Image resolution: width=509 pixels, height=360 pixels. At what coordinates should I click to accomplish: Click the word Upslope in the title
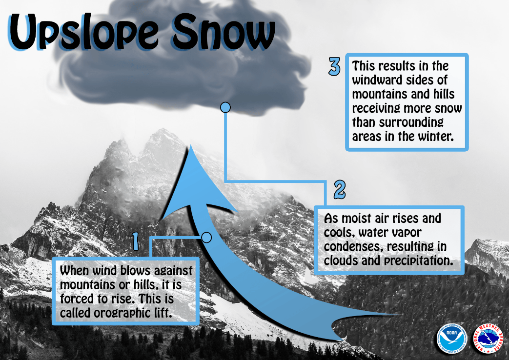click(x=83, y=33)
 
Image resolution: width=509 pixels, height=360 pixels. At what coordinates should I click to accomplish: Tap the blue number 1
click(x=136, y=240)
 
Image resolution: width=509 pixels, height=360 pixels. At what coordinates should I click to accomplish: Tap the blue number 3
click(x=334, y=67)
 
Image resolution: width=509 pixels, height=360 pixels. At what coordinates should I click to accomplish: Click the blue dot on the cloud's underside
click(x=225, y=107)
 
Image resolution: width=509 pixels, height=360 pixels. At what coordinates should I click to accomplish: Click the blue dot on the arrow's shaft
click(x=206, y=237)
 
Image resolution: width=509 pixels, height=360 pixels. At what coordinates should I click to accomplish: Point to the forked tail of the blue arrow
click(x=342, y=327)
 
